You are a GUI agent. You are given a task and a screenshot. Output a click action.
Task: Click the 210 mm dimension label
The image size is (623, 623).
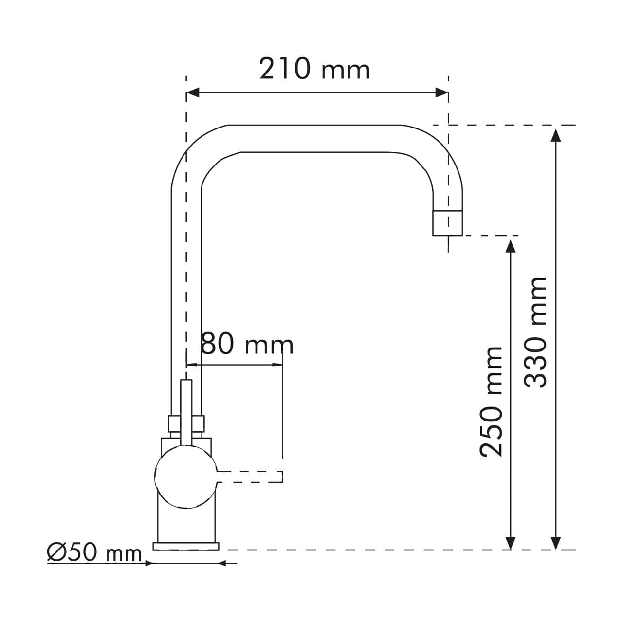pyautogui.click(x=314, y=69)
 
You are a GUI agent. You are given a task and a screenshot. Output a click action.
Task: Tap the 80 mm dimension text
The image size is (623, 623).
pyautogui.click(x=247, y=345)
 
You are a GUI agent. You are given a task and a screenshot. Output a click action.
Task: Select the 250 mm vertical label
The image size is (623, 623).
pyautogui.click(x=491, y=402)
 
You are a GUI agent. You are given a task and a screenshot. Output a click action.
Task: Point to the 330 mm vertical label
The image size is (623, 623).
pyautogui.click(x=536, y=332)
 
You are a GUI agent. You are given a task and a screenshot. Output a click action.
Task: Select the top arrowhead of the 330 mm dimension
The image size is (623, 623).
pyautogui.click(x=555, y=133)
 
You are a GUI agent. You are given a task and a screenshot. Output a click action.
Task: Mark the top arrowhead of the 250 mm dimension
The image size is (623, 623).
pyautogui.click(x=510, y=245)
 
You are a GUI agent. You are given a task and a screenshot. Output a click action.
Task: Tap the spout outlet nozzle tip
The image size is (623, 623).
pyautogui.click(x=447, y=223)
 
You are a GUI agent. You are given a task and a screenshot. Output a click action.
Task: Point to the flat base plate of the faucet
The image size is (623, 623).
pyautogui.click(x=186, y=546)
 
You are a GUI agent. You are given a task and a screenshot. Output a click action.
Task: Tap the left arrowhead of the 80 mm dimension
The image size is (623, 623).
pyautogui.click(x=191, y=365)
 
